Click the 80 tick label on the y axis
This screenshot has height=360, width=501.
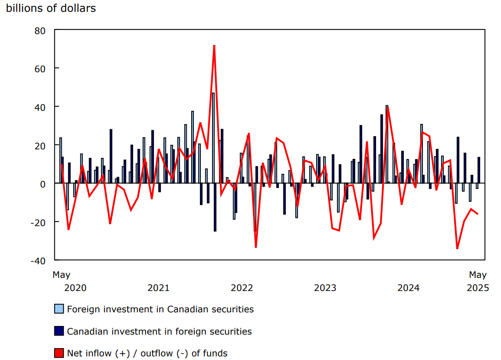click(x=40, y=30)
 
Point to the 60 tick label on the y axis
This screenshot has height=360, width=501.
click(x=40, y=69)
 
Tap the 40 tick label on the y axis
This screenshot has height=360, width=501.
click(x=40, y=107)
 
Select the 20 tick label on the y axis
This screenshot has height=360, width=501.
click(x=40, y=145)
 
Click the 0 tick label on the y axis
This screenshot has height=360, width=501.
click(x=43, y=183)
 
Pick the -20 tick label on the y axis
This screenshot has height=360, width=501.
click(x=38, y=222)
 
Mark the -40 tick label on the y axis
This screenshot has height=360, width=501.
click(x=38, y=261)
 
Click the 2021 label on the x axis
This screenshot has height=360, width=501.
click(x=158, y=288)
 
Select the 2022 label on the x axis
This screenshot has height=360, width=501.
click(x=242, y=288)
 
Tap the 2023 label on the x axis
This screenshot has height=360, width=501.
click(x=325, y=288)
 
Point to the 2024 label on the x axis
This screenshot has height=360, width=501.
click(x=408, y=288)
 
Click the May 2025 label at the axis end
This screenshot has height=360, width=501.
click(x=478, y=281)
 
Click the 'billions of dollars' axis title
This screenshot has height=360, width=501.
click(x=51, y=8)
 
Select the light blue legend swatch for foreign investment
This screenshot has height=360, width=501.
click(x=59, y=309)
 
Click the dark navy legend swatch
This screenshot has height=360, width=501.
click(x=59, y=331)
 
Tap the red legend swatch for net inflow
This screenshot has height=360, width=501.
click(x=59, y=353)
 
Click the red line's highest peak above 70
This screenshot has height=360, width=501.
click(x=214, y=45)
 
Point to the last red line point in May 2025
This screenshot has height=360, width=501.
click(x=477, y=214)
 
